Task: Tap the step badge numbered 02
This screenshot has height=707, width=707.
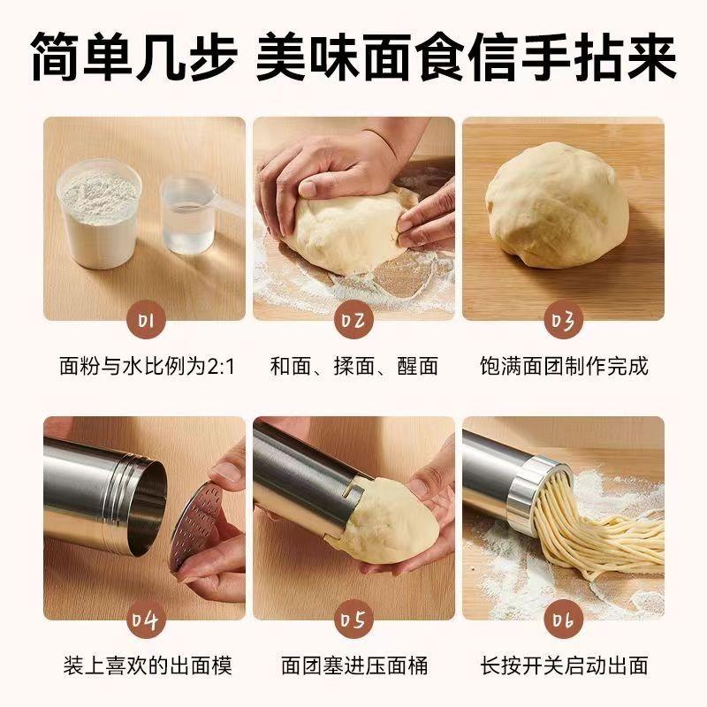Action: coord(353,320)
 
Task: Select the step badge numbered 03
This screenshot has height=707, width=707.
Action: coord(563,320)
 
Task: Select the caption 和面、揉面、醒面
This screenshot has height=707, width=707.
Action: coord(353,366)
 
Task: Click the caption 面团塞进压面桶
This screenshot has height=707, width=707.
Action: coord(353,665)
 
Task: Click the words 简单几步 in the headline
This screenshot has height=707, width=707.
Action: coord(133,58)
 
